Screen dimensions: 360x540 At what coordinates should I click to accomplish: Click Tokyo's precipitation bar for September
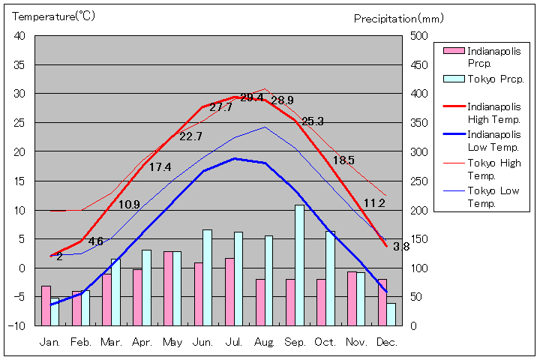[x=299, y=265]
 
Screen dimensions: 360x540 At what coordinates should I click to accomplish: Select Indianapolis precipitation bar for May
[x=169, y=288]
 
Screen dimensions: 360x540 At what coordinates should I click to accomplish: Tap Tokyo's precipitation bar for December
[x=391, y=314]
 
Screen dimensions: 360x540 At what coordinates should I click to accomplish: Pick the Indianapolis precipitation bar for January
[x=46, y=305]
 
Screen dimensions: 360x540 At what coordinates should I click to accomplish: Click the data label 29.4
[x=251, y=97]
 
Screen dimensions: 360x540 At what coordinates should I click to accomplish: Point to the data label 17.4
[x=160, y=167]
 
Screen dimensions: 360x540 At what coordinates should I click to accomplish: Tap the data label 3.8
[x=401, y=246]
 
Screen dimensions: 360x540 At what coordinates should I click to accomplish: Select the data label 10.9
[x=129, y=204]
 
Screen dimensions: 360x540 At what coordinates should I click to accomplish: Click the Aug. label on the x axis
[x=264, y=341]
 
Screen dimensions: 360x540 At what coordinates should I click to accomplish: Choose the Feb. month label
[x=80, y=341]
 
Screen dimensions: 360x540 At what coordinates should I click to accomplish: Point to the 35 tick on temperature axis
[x=19, y=65]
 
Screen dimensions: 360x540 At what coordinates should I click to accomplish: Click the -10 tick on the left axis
[x=17, y=326]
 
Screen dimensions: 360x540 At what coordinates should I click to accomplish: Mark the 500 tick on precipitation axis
[x=418, y=36]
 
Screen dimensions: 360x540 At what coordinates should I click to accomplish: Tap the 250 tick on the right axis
[x=418, y=181]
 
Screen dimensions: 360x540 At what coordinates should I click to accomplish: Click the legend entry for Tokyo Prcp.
[x=495, y=79]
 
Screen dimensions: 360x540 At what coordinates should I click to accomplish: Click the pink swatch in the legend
[x=453, y=51]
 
